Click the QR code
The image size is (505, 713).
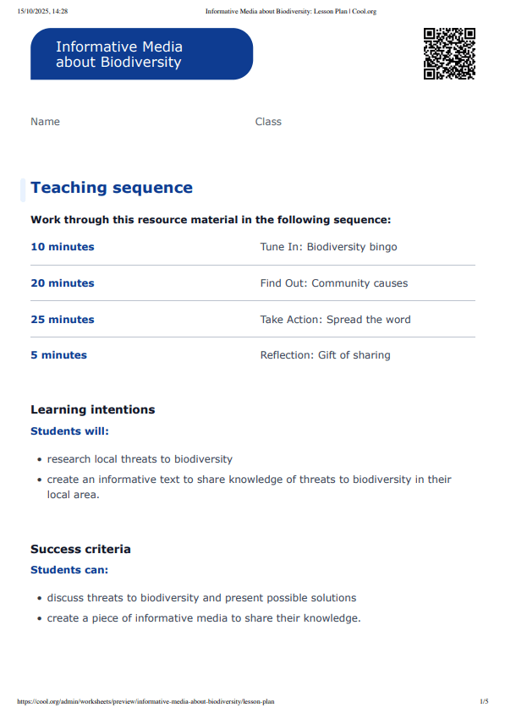[x=449, y=53]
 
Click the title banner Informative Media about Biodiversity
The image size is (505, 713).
[x=141, y=54]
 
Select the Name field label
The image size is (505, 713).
[x=46, y=122]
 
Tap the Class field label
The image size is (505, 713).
[x=268, y=122]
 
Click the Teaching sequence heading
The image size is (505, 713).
[x=112, y=188]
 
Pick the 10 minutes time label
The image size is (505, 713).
[x=63, y=247]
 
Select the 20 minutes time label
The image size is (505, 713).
[x=63, y=283]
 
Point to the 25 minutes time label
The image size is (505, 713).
[x=63, y=320]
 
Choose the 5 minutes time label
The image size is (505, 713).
[x=58, y=355]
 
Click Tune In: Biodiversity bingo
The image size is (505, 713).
[x=328, y=247]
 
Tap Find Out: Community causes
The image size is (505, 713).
[x=333, y=283]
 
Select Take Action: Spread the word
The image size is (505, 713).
[x=335, y=320]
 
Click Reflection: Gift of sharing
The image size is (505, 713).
[x=325, y=355]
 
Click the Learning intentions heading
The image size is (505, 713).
[x=93, y=409]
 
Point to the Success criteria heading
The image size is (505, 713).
[x=80, y=549]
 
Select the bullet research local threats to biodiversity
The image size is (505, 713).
[x=140, y=459]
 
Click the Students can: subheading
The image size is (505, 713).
[x=69, y=570]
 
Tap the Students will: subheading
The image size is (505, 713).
[x=69, y=431]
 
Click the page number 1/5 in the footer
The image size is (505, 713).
[x=484, y=701]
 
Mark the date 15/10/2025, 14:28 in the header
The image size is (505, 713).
[x=42, y=11]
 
